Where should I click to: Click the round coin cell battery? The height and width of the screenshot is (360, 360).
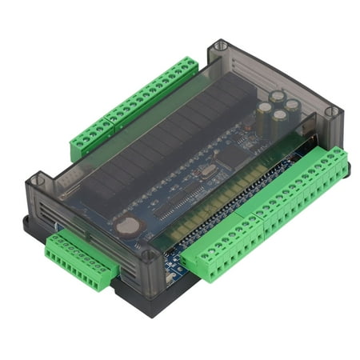126,227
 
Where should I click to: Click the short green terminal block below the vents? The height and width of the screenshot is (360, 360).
77,255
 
